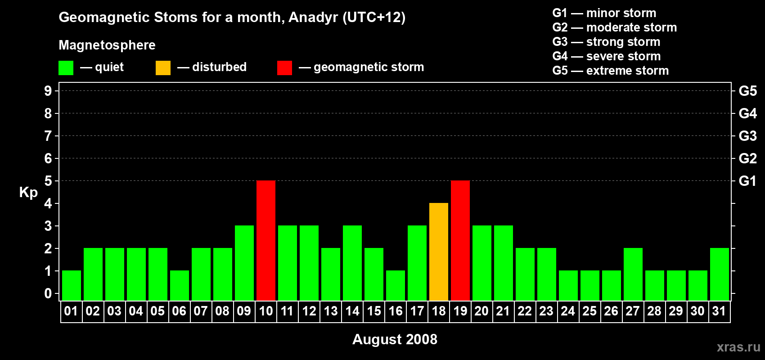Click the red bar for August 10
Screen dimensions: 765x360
[266, 240]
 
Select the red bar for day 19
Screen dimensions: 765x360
[460, 240]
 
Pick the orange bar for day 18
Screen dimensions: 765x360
[439, 252]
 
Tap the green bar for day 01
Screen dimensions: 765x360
[72, 286]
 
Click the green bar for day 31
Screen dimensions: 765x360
[720, 274]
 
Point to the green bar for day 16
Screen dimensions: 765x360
[396, 286]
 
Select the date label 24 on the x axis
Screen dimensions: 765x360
[568, 311]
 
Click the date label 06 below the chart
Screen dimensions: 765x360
[179, 311]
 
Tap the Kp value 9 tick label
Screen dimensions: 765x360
[48, 91]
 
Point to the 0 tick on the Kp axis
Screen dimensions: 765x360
[48, 293]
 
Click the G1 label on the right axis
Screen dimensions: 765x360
[747, 181]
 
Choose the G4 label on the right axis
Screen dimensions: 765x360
[747, 113]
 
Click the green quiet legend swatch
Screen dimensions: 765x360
[66, 67]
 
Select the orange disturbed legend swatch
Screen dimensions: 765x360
[163, 67]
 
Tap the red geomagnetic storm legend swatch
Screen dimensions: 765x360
[284, 67]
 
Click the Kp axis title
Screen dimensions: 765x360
[28, 193]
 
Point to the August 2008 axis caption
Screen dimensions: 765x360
[395, 339]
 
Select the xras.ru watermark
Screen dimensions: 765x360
[738, 347]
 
